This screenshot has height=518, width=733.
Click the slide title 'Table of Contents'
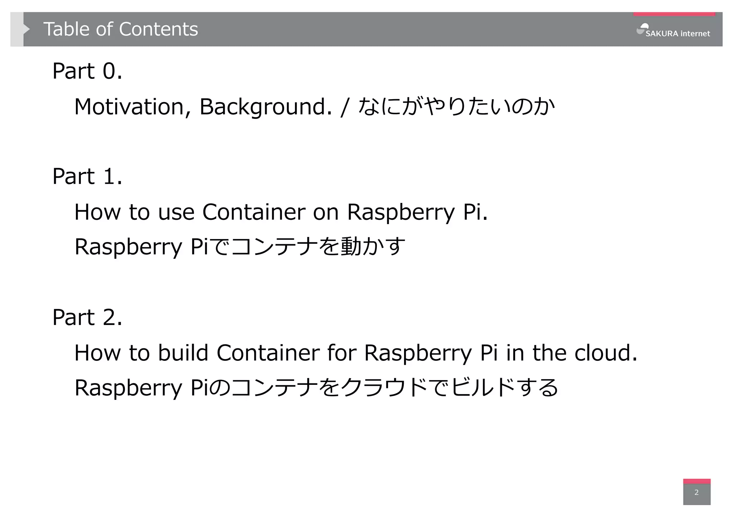121,29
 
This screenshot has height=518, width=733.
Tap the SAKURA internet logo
674,31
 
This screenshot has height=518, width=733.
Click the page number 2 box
696,492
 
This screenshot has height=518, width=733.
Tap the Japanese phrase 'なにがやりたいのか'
457,107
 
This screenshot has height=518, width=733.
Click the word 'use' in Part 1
176,212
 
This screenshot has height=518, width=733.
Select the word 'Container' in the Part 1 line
254,212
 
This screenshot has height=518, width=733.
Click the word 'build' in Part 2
183,353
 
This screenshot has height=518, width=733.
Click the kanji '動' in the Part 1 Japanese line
351,247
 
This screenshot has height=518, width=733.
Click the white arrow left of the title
26,29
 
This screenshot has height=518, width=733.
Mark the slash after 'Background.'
345,107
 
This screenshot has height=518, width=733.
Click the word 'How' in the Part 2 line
97,353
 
